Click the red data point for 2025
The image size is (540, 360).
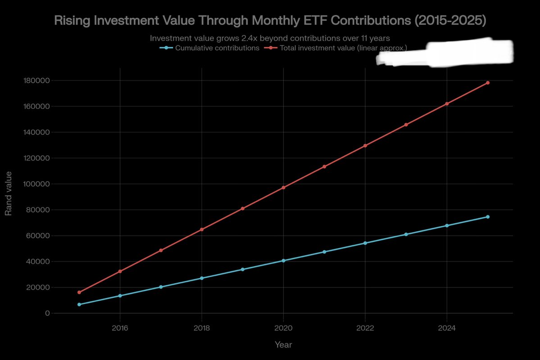tap(488, 83)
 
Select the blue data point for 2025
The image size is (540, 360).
tap(488, 217)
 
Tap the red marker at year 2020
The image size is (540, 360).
tap(283, 187)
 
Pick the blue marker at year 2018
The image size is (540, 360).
tap(202, 278)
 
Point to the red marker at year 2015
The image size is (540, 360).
tap(79, 292)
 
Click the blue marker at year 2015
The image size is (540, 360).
tap(79, 305)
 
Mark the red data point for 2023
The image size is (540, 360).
tap(406, 125)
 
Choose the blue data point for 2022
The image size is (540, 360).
tap(365, 243)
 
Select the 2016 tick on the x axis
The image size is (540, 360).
tap(120, 328)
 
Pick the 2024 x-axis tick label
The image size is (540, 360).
tap(447, 328)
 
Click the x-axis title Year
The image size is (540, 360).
tap(283, 345)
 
